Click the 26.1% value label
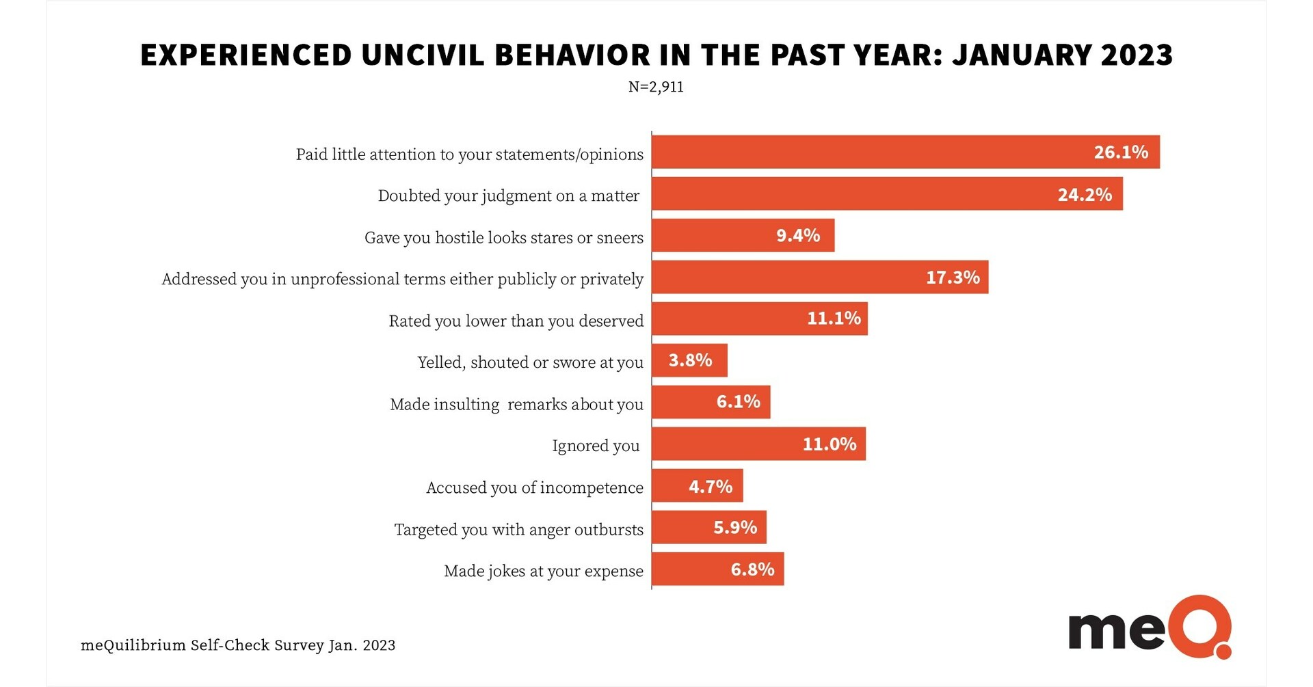[1120, 152]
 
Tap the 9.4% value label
[797, 236]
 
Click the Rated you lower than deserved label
[516, 321]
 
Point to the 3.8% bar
[689, 360]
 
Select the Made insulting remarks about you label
[516, 404]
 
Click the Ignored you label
[595, 446]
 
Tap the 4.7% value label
[710, 487]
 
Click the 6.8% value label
[752, 569]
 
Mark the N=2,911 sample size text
[656, 87]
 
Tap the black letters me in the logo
[1115, 630]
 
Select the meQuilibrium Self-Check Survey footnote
[238, 645]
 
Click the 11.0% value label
[829, 444]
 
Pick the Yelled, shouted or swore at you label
[530, 362]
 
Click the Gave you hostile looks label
[503, 238]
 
